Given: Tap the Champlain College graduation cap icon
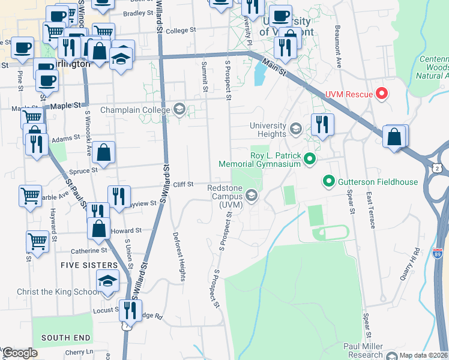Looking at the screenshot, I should (179, 110).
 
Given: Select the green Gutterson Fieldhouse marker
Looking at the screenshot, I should (328, 180).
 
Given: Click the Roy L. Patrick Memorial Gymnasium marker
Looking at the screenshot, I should (309, 159).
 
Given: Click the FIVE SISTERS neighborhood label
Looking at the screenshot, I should (89, 265).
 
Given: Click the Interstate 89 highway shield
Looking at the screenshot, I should (438, 254).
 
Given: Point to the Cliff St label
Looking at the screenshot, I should (182, 184).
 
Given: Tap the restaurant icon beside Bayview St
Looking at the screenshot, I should (119, 195).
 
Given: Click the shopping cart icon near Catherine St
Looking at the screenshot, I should (37, 241).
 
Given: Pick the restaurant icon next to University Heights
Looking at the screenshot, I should (322, 124).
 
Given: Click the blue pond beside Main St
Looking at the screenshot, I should (261, 73).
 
